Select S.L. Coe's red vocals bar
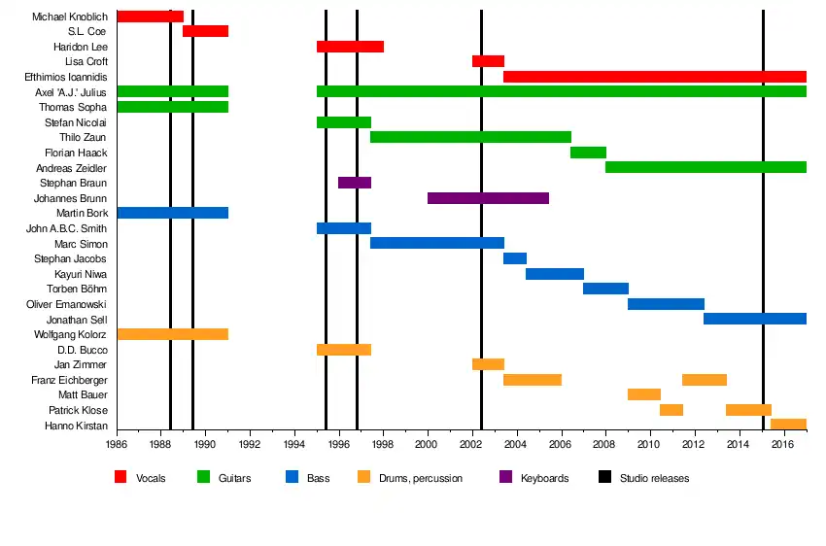(x=205, y=31)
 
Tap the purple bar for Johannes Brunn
(x=488, y=198)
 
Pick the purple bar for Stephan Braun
(x=355, y=183)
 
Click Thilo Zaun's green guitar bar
(x=470, y=137)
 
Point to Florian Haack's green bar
(x=588, y=153)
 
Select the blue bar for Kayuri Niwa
(x=555, y=274)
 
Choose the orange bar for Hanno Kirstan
(x=788, y=424)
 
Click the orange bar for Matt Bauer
(x=644, y=394)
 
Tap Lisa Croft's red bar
(x=488, y=61)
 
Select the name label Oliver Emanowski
(x=67, y=304)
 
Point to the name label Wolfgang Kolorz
(x=69, y=334)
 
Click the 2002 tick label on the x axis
(x=473, y=446)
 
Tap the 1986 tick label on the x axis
(x=117, y=446)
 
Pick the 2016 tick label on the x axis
(x=783, y=446)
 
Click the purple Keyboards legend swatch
(x=505, y=477)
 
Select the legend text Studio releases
(x=654, y=478)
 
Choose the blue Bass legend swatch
(x=292, y=477)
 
